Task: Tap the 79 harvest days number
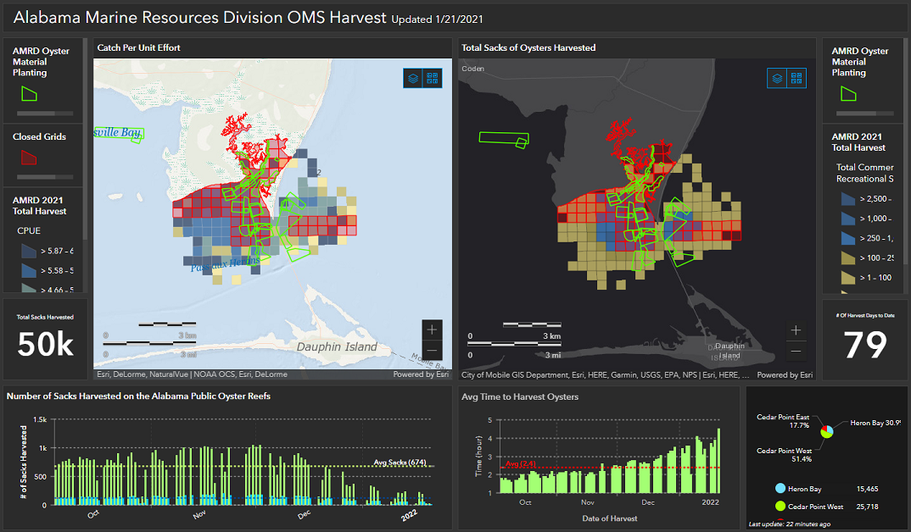[864, 346]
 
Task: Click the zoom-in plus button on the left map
[433, 330]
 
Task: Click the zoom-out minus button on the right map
[796, 351]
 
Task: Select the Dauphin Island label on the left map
[336, 346]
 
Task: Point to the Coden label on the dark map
[473, 69]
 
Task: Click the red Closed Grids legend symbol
[29, 157]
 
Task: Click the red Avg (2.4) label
[517, 463]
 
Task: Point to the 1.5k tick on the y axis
[40, 419]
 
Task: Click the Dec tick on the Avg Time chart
[648, 502]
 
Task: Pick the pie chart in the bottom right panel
[826, 431]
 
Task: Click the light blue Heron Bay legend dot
[780, 489]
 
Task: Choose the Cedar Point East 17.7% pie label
[784, 422]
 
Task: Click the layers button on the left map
[413, 78]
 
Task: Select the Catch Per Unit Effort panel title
[139, 47]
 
